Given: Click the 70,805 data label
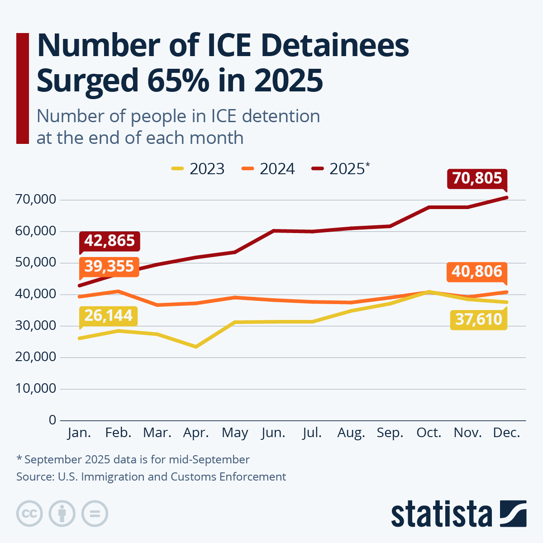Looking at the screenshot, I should [x=477, y=178].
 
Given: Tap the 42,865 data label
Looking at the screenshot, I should [x=110, y=241].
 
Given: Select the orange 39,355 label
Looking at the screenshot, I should [x=109, y=266].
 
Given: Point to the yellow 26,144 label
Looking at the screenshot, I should [x=109, y=315].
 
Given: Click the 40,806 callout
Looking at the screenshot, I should [x=477, y=271].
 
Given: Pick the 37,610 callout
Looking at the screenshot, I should [x=479, y=319].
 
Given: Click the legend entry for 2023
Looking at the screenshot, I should [x=198, y=169].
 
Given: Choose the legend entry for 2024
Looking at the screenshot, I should [x=268, y=169].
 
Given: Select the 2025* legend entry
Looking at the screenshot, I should [x=341, y=169].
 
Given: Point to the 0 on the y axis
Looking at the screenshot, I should [x=52, y=420].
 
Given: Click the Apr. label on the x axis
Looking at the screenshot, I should [x=196, y=433].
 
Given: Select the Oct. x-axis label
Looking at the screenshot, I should [x=429, y=433].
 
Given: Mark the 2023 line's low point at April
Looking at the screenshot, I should [x=196, y=347].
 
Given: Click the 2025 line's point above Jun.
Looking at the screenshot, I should [x=274, y=231].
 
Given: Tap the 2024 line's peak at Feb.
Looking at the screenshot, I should [x=118, y=291].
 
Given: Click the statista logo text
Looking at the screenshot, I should [x=441, y=514].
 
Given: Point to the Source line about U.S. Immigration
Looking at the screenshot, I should [x=151, y=476].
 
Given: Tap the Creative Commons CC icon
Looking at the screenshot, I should [x=29, y=514].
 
